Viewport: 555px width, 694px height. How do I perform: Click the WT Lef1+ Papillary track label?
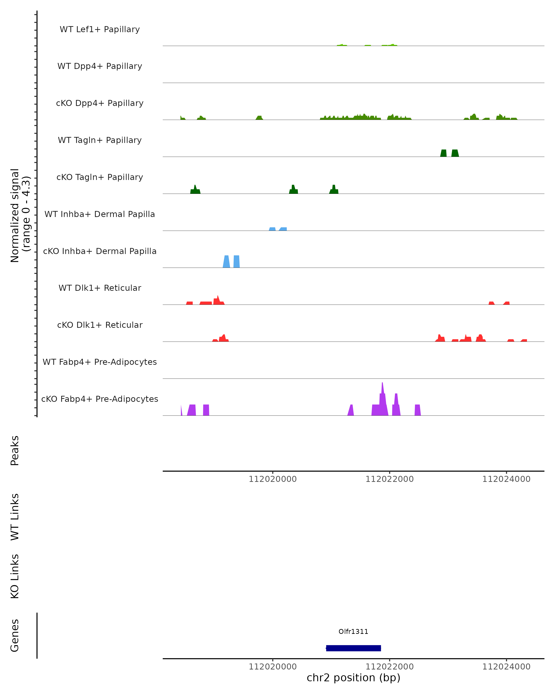pos(100,29)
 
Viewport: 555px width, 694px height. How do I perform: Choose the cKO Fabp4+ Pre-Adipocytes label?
pos(100,399)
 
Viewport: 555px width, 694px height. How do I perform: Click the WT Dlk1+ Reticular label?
pos(100,288)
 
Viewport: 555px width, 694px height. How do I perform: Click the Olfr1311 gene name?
pos(353,631)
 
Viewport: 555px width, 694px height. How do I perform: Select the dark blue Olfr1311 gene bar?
pos(353,648)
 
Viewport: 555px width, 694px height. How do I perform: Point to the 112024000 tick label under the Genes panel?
pos(506,667)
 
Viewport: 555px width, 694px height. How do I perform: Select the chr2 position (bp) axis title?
pos(353,678)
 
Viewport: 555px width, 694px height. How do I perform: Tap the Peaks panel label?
pos(15,450)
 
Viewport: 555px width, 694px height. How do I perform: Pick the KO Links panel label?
pos(15,576)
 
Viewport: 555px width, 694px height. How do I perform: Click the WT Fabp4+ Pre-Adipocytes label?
pos(100,362)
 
